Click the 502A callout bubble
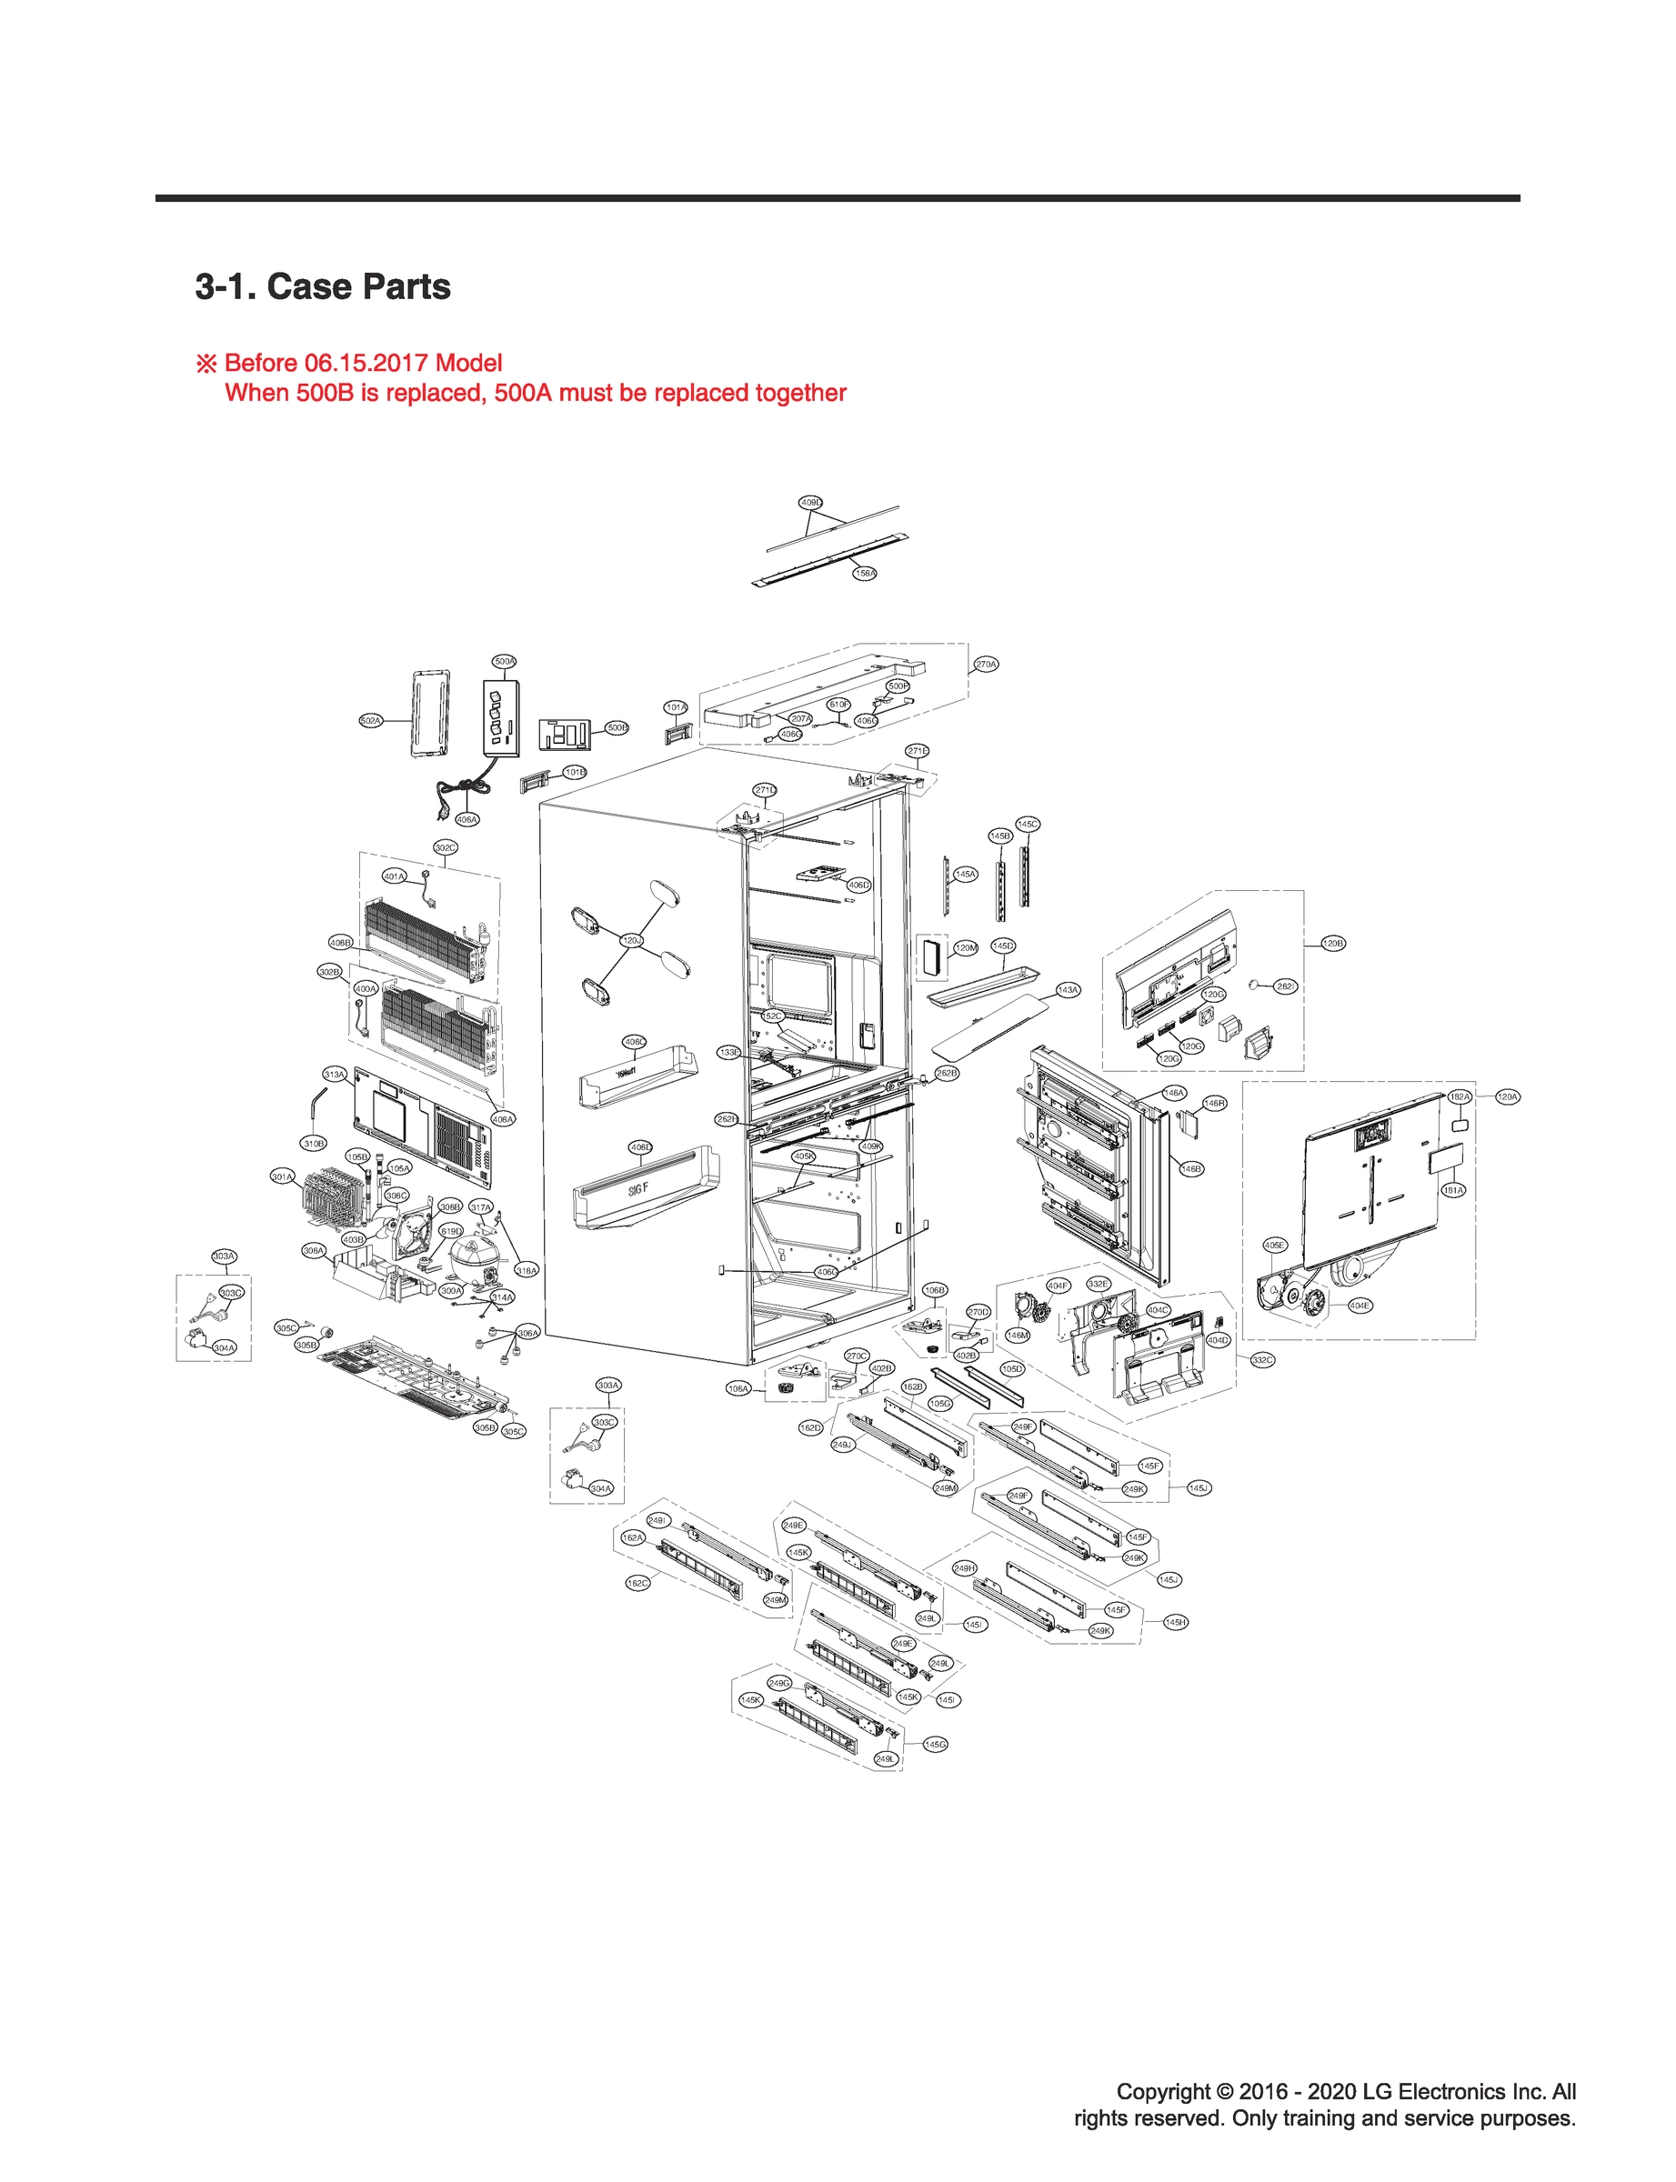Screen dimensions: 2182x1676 [370, 720]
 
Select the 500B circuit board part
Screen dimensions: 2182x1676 [565, 735]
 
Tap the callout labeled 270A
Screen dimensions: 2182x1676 [986, 665]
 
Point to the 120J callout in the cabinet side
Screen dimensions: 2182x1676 [631, 940]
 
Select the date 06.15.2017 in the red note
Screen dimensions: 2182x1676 [366, 363]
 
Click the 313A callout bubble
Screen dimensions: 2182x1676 [335, 1074]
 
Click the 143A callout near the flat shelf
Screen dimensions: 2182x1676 [1069, 990]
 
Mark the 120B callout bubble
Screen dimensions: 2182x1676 [1333, 943]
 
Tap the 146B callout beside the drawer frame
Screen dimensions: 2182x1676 [1191, 1169]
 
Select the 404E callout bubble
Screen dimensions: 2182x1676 [1360, 1305]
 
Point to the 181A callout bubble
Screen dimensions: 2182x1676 [1453, 1190]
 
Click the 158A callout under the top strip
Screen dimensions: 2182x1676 [865, 574]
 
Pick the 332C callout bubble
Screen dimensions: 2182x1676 [1262, 1359]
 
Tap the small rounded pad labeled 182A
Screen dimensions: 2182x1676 [1460, 1124]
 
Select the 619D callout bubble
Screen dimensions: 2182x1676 [451, 1231]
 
